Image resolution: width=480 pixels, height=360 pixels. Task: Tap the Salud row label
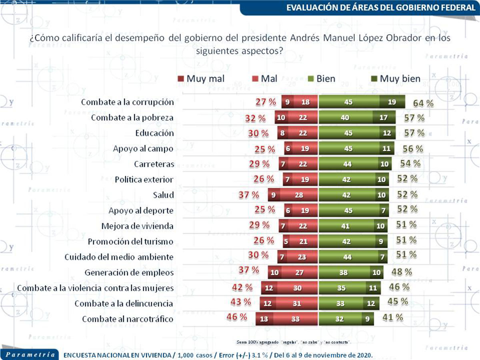(163, 195)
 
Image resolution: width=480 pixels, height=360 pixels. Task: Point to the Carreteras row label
(154, 164)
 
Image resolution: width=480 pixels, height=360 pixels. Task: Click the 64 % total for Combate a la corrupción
(423, 102)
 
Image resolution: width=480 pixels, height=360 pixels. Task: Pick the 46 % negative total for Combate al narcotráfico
(237, 317)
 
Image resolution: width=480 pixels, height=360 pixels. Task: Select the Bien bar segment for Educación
(348, 133)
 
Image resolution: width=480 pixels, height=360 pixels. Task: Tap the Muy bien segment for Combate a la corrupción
(392, 102)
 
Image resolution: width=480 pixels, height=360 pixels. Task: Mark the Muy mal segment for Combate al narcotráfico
(264, 319)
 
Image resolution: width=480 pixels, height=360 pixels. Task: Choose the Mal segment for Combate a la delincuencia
(296, 304)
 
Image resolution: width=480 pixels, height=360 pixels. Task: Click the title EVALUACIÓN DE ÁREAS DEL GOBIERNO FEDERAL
(380, 8)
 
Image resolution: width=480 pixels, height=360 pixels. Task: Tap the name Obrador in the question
(405, 39)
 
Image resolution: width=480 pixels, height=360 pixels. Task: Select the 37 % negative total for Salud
(248, 195)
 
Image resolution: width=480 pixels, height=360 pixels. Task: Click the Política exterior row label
(144, 180)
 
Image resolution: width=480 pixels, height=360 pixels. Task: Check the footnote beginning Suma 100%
(294, 342)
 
